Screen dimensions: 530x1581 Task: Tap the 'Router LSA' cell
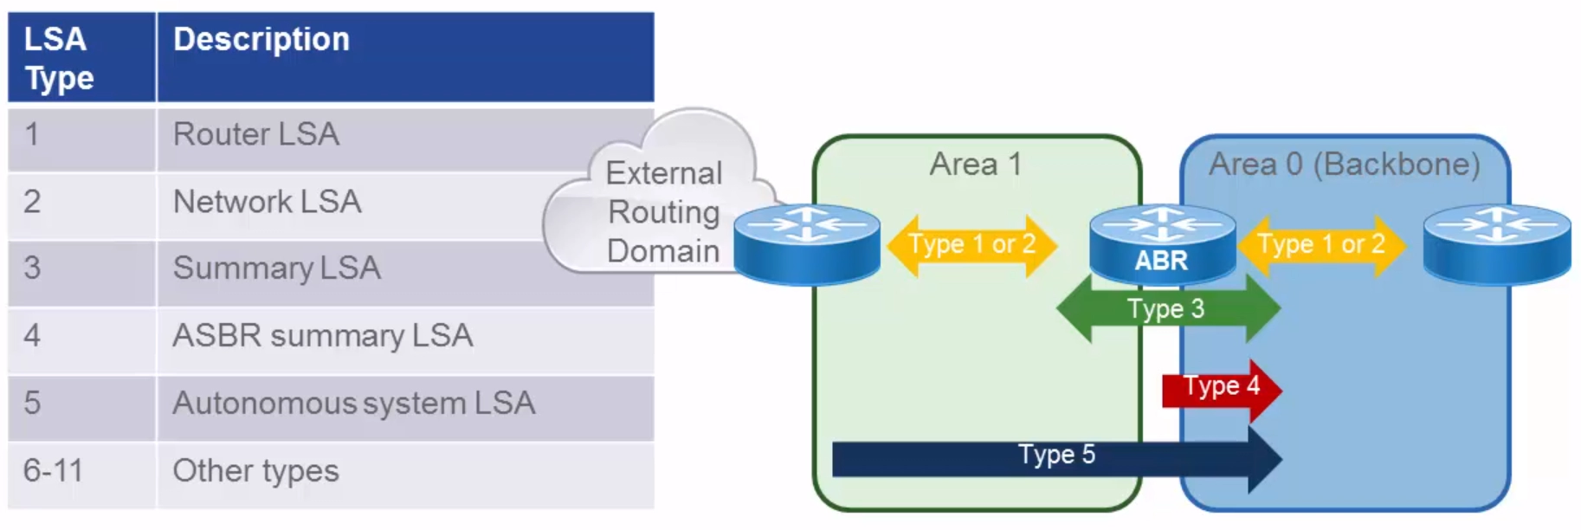coord(256,135)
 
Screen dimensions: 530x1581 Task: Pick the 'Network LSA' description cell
coord(267,203)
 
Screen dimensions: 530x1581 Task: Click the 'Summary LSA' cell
coord(276,268)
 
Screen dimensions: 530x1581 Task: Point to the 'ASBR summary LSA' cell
coord(322,336)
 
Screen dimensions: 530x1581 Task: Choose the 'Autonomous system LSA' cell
coord(353,404)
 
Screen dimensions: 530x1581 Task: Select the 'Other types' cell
coord(255,471)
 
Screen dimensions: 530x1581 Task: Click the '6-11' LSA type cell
coord(54,471)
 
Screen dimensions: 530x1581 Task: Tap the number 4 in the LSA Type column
coord(33,336)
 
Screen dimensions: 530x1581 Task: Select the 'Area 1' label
coord(976,165)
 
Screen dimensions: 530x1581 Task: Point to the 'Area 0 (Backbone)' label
coord(1344,165)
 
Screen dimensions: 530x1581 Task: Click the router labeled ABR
coord(1161,244)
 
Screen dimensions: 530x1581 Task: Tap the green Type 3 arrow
coord(1166,309)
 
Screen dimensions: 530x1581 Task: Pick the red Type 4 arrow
coord(1220,388)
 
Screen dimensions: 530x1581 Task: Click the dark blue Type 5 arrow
coord(1055,457)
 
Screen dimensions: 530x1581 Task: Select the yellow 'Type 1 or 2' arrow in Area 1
coord(971,245)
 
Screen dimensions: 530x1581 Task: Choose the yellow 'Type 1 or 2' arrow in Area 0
coord(1321,245)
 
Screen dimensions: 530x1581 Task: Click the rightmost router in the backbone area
coord(1496,244)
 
